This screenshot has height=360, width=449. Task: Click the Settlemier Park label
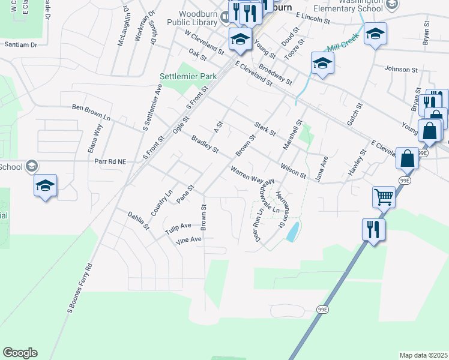(x=188, y=77)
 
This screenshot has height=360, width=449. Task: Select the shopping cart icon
(x=384, y=196)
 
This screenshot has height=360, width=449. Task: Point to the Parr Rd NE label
(x=111, y=161)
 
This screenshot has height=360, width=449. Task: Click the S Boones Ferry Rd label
(x=80, y=289)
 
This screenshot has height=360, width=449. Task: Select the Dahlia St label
(x=138, y=220)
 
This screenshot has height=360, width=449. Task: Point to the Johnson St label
(x=401, y=70)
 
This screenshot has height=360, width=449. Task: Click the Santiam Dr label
(x=20, y=44)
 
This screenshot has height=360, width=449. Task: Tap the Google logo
(x=20, y=353)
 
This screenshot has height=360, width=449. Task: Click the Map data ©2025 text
(x=423, y=355)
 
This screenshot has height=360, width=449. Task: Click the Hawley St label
(x=357, y=164)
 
